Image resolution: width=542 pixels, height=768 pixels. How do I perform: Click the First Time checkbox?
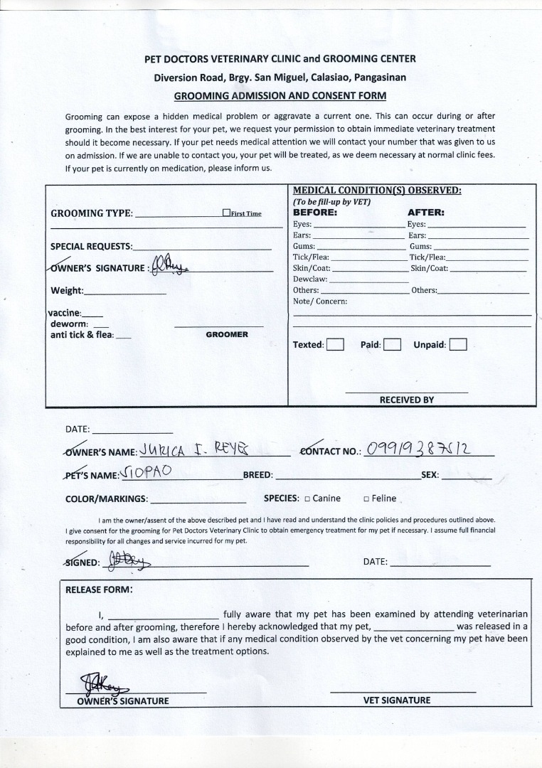click(226, 213)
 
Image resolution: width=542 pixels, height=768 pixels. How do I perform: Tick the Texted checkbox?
click(336, 345)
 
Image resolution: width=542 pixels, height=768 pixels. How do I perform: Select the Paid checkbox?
click(393, 345)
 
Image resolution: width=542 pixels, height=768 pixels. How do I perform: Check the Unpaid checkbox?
click(458, 345)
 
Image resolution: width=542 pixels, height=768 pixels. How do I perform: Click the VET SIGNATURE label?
click(397, 700)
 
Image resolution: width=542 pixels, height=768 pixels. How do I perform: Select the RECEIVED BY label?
click(406, 400)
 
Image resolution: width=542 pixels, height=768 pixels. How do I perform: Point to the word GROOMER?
click(227, 334)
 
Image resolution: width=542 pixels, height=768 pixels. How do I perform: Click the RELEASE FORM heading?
click(99, 590)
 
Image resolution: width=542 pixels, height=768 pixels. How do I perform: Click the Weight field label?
click(67, 290)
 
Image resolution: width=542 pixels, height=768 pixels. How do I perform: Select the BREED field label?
click(258, 474)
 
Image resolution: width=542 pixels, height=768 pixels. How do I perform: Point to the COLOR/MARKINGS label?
click(107, 498)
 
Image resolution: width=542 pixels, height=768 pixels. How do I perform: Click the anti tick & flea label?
click(82, 335)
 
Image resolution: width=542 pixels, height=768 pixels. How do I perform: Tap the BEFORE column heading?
click(315, 212)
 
